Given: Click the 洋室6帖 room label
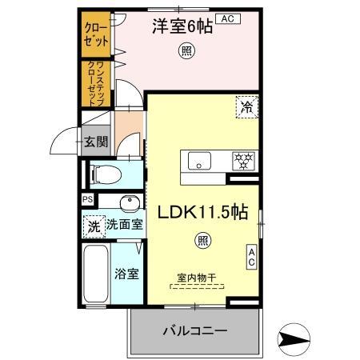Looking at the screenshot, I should point(182,26).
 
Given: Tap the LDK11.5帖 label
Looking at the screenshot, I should point(206,214).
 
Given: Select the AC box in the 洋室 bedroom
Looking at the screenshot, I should point(226,18).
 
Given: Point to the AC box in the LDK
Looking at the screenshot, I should point(250,257).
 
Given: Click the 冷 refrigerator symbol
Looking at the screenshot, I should point(245,106).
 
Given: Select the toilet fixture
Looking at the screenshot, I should point(105,173).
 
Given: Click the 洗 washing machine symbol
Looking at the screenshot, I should point(94,226).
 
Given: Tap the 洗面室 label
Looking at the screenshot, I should point(125,225).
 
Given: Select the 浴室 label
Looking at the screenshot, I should point(127,274).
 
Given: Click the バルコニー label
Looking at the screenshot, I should point(195,330).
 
